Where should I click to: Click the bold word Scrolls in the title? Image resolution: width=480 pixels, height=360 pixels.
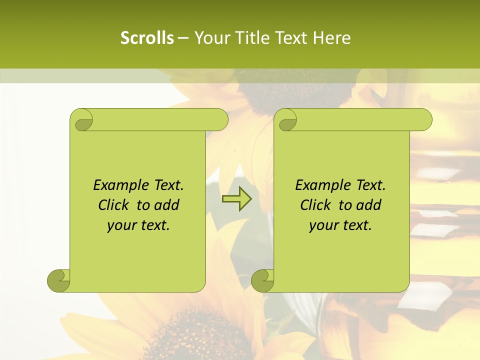pos(147,38)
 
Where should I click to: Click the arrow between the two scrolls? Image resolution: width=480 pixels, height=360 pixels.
pos(236,199)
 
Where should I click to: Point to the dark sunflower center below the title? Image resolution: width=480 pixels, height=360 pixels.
pos(295,92)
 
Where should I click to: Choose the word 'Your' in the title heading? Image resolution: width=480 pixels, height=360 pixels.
pos(210,38)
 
